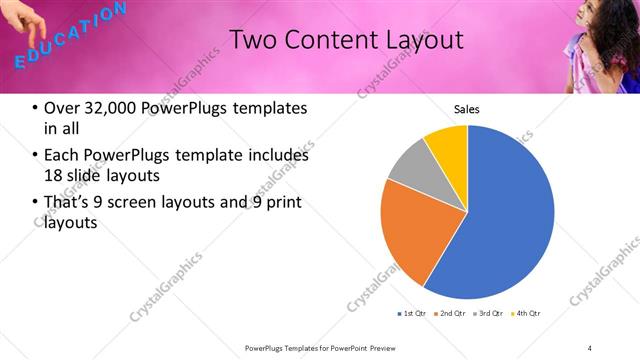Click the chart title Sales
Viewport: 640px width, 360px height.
[467, 108]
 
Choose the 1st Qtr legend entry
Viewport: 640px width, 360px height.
[413, 314]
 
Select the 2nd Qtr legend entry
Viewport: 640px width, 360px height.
[452, 314]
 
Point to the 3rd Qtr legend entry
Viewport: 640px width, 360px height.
[490, 314]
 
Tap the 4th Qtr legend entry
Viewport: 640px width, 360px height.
[528, 314]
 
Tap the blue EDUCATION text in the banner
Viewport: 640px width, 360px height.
[71, 35]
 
